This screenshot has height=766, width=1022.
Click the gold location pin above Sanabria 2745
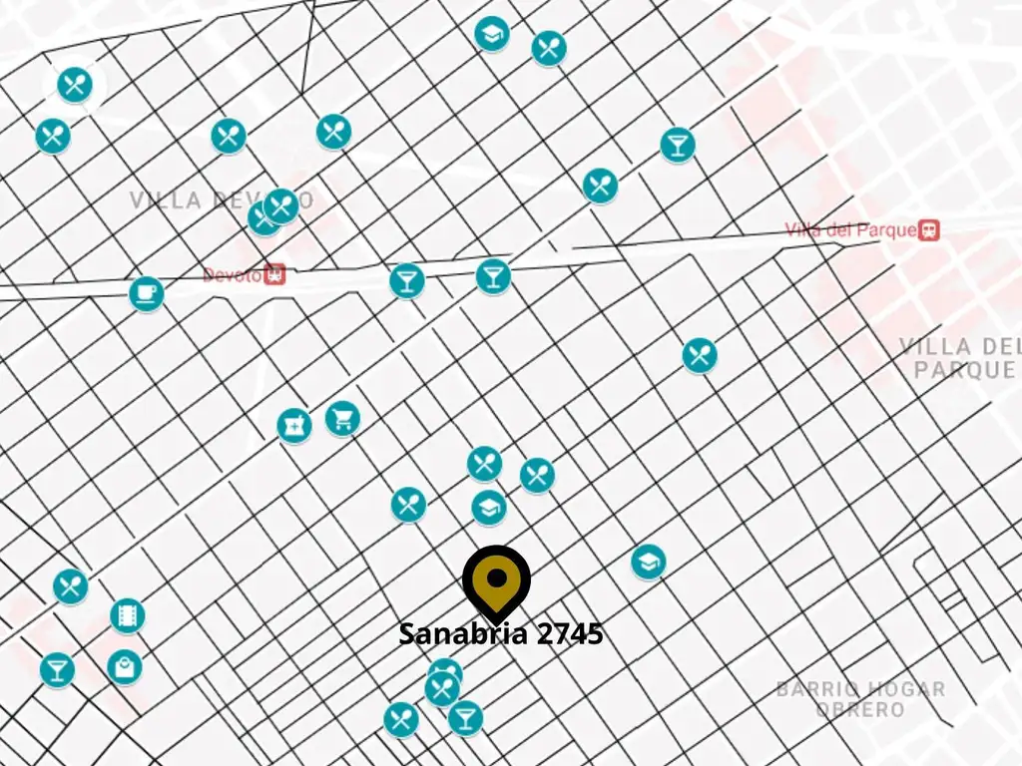click(x=496, y=579)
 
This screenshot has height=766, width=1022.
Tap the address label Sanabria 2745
click(x=501, y=633)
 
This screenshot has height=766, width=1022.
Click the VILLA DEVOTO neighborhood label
click(x=221, y=200)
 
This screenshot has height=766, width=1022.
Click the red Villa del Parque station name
click(x=850, y=230)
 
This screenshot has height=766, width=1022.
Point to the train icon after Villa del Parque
click(x=929, y=230)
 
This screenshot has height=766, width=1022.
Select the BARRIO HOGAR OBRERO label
click(x=860, y=698)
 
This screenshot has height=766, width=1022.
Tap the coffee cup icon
click(x=147, y=293)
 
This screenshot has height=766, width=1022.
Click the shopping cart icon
click(x=342, y=418)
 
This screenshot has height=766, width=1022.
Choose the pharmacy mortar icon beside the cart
click(x=294, y=426)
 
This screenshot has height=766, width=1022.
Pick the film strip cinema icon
click(x=128, y=615)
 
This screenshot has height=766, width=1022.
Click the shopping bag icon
click(x=125, y=666)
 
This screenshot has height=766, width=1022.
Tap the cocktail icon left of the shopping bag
click(x=57, y=669)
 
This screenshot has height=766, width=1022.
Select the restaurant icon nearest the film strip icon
click(x=70, y=585)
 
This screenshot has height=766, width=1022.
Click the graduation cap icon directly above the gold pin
click(x=489, y=508)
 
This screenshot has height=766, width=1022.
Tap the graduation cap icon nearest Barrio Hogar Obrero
click(x=649, y=562)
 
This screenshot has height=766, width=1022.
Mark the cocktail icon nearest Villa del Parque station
click(x=678, y=145)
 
